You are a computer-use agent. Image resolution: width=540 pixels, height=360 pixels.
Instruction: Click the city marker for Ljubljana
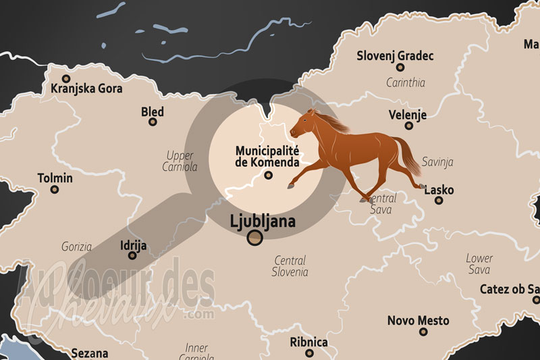(254, 237)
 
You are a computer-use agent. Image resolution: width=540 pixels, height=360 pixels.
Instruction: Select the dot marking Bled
(153, 122)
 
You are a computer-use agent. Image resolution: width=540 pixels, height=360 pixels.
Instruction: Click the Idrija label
(132, 245)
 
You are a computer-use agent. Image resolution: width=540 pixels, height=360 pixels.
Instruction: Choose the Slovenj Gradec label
(395, 55)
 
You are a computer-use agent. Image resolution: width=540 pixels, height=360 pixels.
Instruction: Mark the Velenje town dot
(408, 126)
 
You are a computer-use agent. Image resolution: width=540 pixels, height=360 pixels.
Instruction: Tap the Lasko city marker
(439, 200)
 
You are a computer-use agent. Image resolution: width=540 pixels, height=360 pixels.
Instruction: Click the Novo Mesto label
(418, 320)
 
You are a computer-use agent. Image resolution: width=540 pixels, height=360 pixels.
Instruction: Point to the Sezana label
(89, 353)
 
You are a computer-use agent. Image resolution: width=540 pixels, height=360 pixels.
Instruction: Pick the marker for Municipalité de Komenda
(268, 176)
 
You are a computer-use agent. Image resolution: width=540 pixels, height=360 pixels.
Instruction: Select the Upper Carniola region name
(180, 161)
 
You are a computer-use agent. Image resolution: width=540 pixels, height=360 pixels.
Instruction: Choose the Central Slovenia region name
(290, 266)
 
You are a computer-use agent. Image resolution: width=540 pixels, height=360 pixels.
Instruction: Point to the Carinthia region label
(405, 83)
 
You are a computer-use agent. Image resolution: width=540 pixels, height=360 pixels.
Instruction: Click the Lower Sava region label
(479, 264)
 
